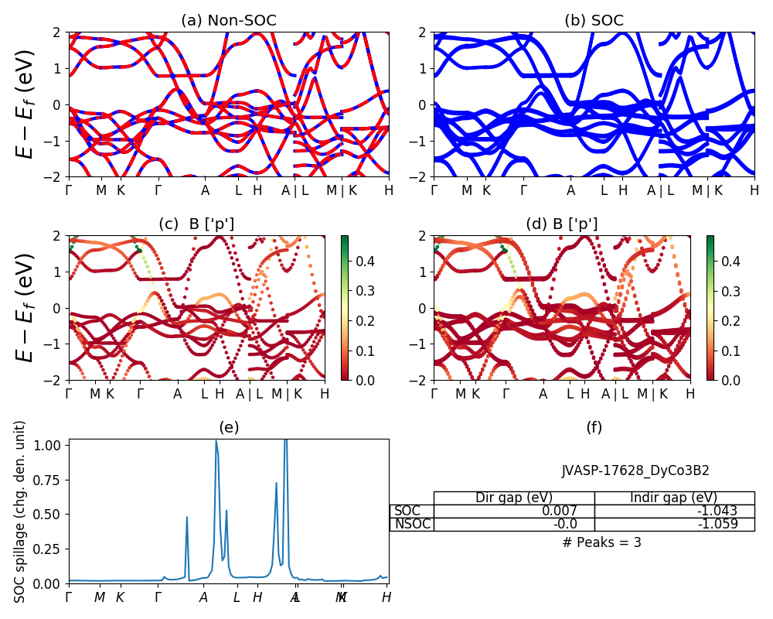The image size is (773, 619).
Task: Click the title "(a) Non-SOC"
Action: (228, 21)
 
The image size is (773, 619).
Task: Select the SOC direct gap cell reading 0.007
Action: (514, 511)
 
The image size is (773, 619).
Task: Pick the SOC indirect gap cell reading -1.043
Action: (674, 511)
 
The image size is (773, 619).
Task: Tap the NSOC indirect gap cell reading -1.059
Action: (674, 525)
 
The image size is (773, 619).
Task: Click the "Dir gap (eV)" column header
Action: (514, 498)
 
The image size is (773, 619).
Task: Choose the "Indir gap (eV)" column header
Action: (674, 498)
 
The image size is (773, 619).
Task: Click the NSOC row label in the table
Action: (412, 525)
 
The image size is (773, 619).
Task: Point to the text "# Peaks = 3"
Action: (601, 542)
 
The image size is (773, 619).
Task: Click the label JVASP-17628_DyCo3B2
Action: (635, 470)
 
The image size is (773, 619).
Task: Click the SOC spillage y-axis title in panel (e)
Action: (21, 511)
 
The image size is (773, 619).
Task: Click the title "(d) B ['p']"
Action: (561, 224)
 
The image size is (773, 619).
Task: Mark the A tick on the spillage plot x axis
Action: (203, 597)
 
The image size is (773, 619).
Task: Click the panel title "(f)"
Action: (594, 427)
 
